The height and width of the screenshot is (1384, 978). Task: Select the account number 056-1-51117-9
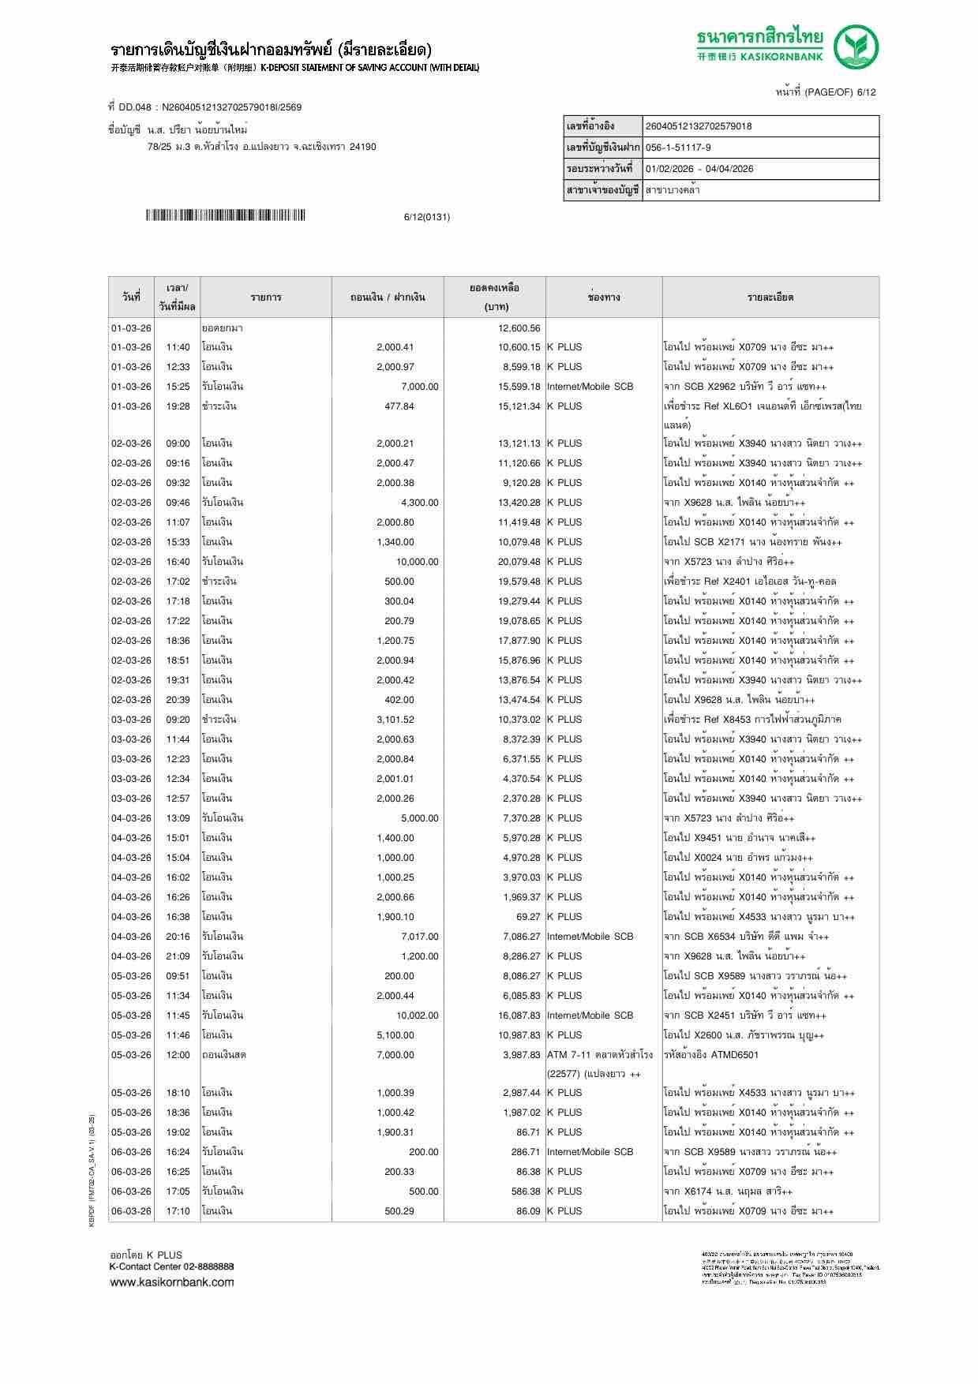coord(678,148)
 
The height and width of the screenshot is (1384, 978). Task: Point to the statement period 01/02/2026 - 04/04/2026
coord(699,169)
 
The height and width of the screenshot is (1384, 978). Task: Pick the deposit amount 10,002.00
coord(417,1016)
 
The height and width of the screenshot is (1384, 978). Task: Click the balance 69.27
coord(528,917)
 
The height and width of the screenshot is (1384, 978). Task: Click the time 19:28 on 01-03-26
coord(178,406)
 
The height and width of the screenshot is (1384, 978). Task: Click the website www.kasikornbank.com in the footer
coord(171,1282)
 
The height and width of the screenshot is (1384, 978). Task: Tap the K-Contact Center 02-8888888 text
coord(171,1266)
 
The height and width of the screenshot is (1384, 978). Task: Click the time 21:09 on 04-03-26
coord(178,956)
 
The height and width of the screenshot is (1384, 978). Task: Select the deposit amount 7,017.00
coord(419,937)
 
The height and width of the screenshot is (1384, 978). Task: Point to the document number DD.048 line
coord(204,107)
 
